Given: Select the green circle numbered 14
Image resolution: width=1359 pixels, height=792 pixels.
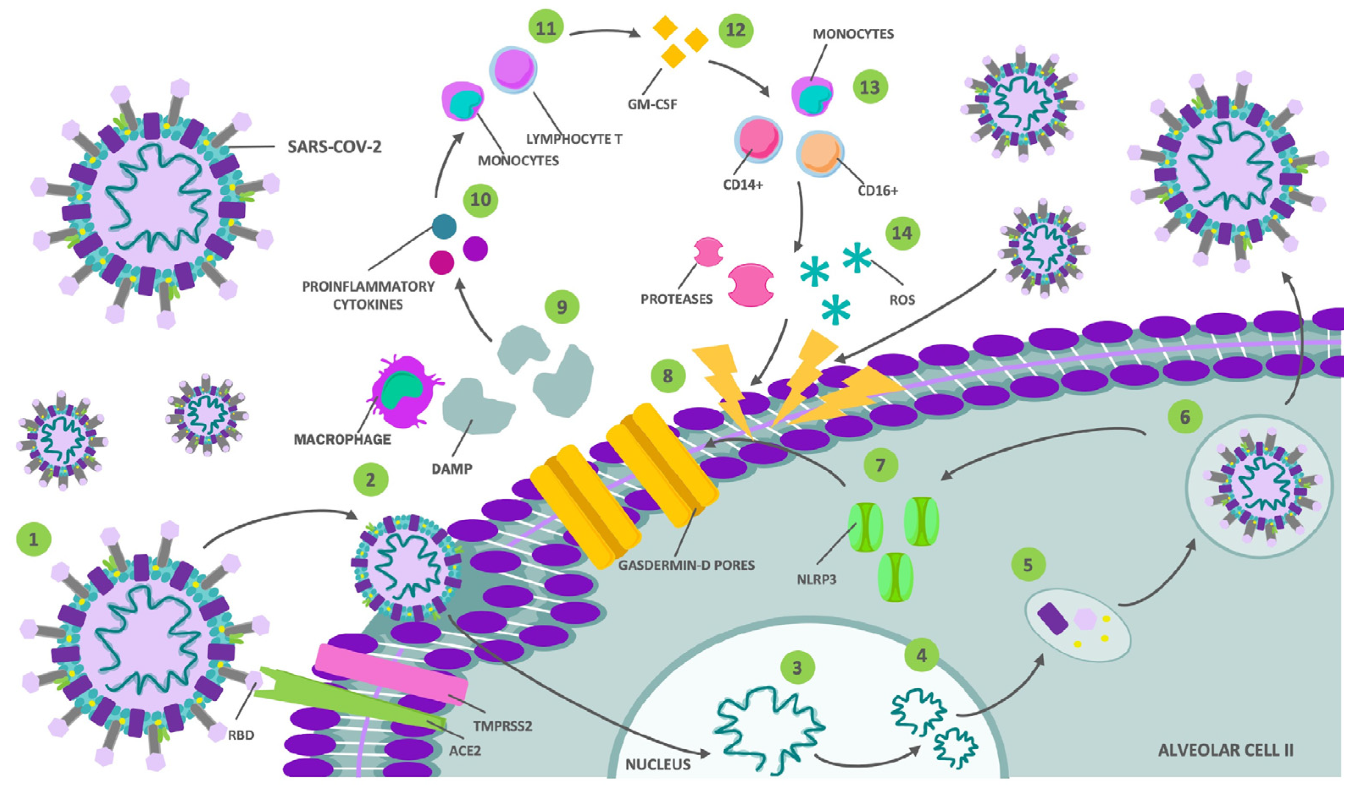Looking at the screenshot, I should (902, 233).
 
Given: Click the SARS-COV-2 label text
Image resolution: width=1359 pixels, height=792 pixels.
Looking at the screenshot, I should (334, 146).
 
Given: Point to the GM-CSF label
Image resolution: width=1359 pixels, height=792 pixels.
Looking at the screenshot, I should (652, 104).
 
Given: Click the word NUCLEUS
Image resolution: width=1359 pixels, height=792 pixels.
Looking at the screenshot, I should (657, 764).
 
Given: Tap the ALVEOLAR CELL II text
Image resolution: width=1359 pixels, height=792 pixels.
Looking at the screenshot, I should (1225, 750).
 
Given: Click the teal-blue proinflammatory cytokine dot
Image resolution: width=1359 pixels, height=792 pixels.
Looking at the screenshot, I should (445, 227).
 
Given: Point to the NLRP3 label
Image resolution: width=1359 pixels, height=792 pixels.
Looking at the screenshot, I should (817, 580).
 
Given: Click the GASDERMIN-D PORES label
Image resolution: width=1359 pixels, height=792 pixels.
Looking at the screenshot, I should (686, 565).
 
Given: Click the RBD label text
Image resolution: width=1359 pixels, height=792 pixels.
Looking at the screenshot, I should (240, 735).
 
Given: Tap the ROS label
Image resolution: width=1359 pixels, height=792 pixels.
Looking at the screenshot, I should (902, 299).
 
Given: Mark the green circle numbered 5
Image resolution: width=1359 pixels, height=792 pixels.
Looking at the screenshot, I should (1028, 565).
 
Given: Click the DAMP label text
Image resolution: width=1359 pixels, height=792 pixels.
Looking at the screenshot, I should (452, 469).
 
